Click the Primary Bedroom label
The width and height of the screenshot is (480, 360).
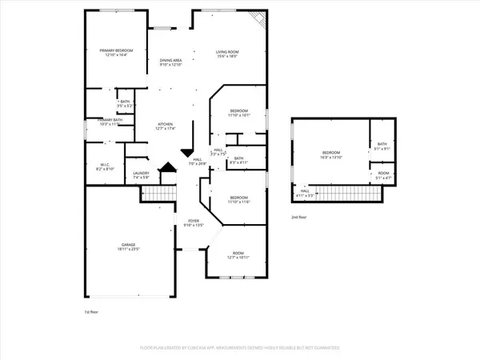click(117, 50)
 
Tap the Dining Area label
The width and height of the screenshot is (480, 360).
click(171, 61)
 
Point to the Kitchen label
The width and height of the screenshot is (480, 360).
click(166, 123)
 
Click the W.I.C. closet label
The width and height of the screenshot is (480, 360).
click(106, 166)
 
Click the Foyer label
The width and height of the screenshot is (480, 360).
click(194, 220)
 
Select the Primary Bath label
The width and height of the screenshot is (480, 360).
click(100, 120)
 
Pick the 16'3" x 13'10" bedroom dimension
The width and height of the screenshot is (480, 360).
click(331, 157)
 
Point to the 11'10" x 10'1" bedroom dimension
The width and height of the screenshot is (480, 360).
click(240, 115)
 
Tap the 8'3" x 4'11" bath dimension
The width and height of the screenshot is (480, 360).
click(238, 162)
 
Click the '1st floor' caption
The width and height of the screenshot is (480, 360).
click(93, 311)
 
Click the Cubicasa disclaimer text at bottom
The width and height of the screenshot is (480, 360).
click(240, 349)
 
